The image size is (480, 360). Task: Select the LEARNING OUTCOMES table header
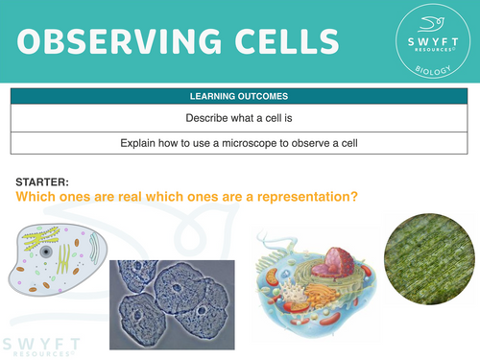(240, 97)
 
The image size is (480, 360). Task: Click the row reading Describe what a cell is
(240, 119)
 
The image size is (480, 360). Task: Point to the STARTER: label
(44, 181)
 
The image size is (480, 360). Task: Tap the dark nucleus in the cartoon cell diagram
(44, 251)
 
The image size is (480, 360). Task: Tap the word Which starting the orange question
(36, 197)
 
